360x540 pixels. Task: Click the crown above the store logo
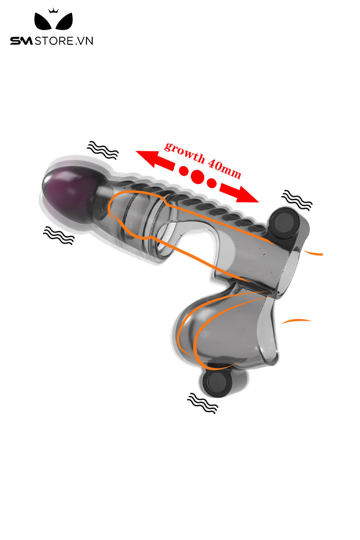[52, 11]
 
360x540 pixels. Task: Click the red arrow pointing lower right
[240, 193]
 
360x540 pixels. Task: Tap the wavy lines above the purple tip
[103, 150]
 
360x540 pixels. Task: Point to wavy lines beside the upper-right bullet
[297, 200]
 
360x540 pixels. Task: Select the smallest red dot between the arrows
[211, 183]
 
